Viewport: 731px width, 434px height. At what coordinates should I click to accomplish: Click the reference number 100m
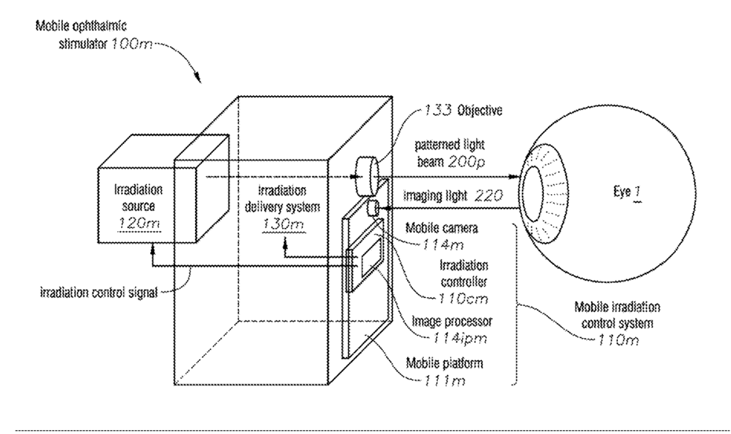tap(131, 44)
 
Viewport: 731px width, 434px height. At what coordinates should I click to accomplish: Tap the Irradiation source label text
tap(138, 197)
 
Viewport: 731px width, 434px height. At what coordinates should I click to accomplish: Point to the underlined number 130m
tap(282, 224)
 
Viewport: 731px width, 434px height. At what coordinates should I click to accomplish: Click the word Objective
tap(479, 111)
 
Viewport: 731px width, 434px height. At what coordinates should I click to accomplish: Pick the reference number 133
tap(437, 111)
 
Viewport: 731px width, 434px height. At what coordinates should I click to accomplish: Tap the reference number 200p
tap(467, 162)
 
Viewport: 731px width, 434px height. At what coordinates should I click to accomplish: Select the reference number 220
tap(489, 195)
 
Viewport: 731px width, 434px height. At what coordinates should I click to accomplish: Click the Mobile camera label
tap(442, 227)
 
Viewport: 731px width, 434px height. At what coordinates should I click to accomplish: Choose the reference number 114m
tap(443, 245)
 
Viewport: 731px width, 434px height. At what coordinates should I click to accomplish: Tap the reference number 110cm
tap(463, 298)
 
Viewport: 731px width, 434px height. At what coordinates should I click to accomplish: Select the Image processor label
tap(452, 322)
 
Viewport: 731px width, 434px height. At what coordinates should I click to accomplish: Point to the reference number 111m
tap(444, 381)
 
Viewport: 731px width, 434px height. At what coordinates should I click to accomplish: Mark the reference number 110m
tap(617, 340)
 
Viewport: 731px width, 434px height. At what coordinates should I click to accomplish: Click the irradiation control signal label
tap(99, 292)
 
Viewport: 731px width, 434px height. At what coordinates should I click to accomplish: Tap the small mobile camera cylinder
tap(373, 208)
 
